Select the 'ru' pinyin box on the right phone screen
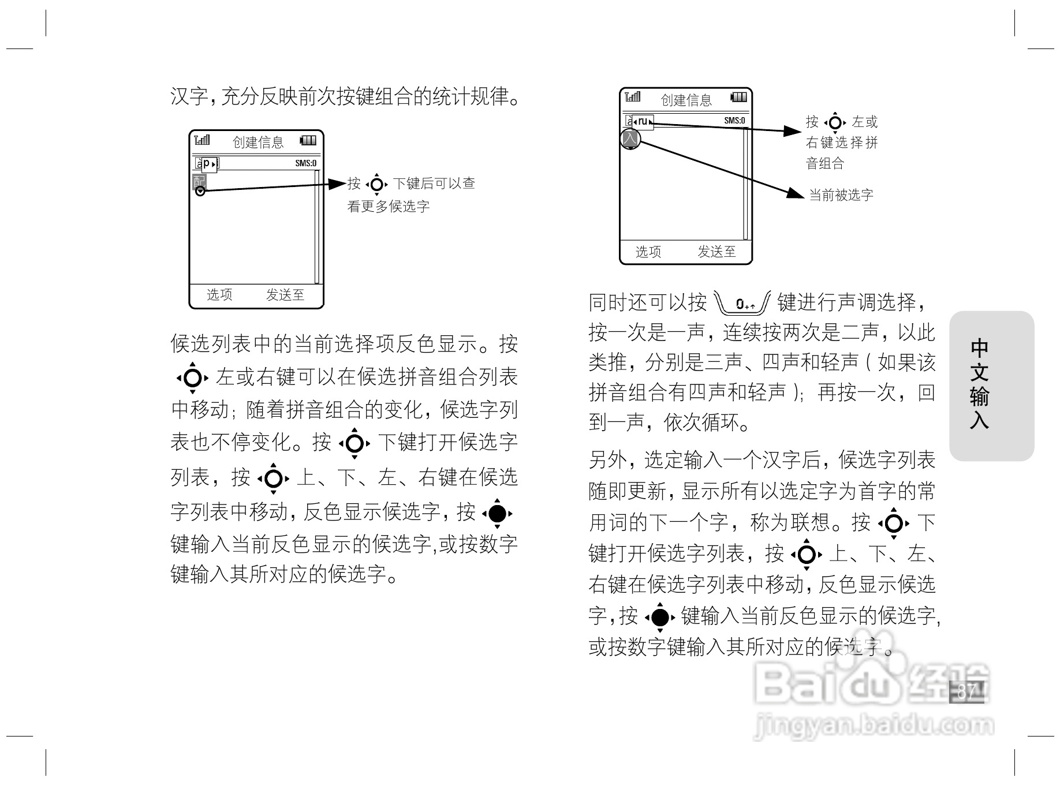pos(643,122)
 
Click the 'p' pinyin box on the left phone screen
pos(208,164)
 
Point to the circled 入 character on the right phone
pos(630,139)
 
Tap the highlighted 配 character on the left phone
pos(199,181)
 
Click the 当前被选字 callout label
pos(841,195)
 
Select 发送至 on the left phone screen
pos(285,295)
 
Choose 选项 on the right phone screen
pos(648,252)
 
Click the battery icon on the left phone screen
pos(308,140)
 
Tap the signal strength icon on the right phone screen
pos(633,97)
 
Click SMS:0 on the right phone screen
pos(734,121)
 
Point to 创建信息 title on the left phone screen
pos(258,142)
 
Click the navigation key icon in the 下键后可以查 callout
pos(377,184)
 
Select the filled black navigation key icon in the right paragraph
pos(660,617)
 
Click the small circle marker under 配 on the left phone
pos(200,191)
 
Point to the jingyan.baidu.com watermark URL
pos(874,725)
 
